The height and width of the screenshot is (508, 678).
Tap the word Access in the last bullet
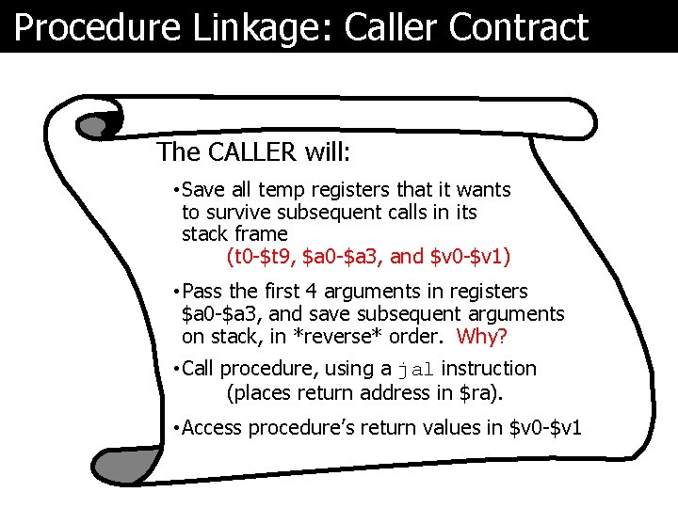pos(212,428)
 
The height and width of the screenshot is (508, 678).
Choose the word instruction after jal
pos(489,368)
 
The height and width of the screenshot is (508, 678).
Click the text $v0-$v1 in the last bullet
pos(545,428)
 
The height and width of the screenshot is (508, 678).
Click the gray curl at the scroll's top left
pos(92,126)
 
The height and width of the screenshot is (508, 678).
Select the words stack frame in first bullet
pos(234,233)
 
